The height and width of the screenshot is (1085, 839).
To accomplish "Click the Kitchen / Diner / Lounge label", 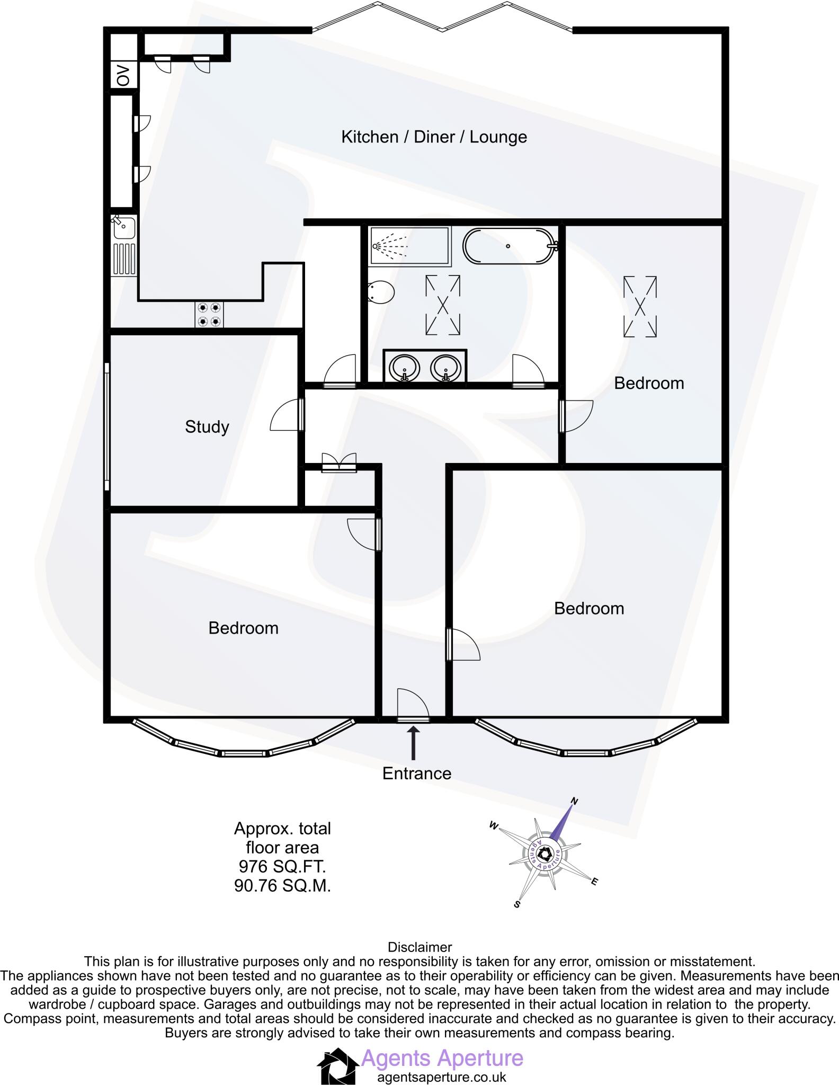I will point(434,137).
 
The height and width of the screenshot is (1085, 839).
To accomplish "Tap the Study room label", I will point(207,427).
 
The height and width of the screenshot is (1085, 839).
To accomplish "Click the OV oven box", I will point(123,75).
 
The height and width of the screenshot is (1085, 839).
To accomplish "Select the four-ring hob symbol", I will point(209,314).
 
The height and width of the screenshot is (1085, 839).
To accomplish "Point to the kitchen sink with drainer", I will point(124,244).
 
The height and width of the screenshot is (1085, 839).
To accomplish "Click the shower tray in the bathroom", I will point(410,246).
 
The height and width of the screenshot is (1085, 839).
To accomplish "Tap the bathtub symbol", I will point(509,246).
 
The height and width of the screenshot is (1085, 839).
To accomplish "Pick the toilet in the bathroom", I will point(380,292).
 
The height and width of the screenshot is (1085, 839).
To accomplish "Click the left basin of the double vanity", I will point(405,367).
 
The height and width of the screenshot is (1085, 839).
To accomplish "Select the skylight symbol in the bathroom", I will point(443,305).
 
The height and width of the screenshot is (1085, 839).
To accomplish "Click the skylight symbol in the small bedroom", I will point(640,307).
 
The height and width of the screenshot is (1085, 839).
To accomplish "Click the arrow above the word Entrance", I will point(413,743).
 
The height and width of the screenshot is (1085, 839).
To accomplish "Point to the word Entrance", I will point(417,773).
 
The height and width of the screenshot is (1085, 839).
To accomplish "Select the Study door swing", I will point(287,415).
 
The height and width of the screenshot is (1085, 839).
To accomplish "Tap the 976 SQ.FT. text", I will point(282,867).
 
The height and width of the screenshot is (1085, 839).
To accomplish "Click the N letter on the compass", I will point(574,801).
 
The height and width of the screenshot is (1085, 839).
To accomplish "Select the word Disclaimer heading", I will point(420,947).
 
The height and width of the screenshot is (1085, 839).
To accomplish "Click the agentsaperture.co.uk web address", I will point(441,1077).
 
